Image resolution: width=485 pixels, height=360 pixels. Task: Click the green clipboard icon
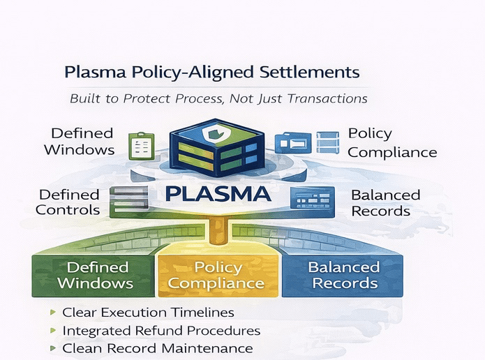[141, 145]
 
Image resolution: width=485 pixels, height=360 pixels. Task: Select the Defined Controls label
[69, 202]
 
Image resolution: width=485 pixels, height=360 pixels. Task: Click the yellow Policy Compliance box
[217, 275]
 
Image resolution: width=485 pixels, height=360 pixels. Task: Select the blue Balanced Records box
[343, 275]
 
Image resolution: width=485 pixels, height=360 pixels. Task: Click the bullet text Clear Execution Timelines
[148, 313]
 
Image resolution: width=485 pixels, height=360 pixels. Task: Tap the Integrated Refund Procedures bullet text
[161, 331]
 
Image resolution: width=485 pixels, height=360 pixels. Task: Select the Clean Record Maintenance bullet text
[157, 348]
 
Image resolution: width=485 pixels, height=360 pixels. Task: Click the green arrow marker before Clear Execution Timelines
[54, 313]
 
